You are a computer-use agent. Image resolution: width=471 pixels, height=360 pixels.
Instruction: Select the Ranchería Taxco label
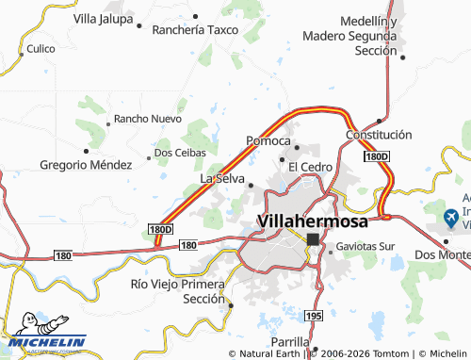(195, 29)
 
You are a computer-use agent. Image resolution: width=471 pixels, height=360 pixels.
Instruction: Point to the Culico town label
(41, 48)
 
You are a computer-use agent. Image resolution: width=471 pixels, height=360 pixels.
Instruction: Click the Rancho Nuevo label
(147, 119)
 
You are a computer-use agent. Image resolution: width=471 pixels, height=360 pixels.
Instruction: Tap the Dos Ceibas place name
(179, 153)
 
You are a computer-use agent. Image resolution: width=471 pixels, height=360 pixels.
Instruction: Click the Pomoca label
(268, 140)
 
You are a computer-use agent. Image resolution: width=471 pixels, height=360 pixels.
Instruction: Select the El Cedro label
(310, 167)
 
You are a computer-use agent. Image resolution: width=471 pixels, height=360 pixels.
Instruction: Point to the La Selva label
(222, 177)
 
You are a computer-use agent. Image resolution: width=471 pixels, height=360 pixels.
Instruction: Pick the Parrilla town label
(290, 341)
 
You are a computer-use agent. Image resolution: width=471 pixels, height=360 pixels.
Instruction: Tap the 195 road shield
(314, 315)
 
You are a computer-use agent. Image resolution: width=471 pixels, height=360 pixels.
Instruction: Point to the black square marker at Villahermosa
(313, 240)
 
